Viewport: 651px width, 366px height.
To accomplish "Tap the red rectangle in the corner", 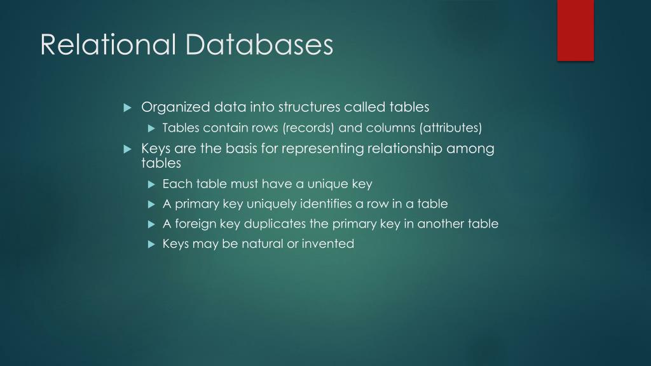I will coord(575,30).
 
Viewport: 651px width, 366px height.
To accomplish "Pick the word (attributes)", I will coord(450,128).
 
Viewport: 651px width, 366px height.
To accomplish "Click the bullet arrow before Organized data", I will coord(127,107).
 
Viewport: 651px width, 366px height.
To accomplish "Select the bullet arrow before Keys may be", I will coord(151,243).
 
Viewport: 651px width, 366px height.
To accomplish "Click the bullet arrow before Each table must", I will coord(151,184).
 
